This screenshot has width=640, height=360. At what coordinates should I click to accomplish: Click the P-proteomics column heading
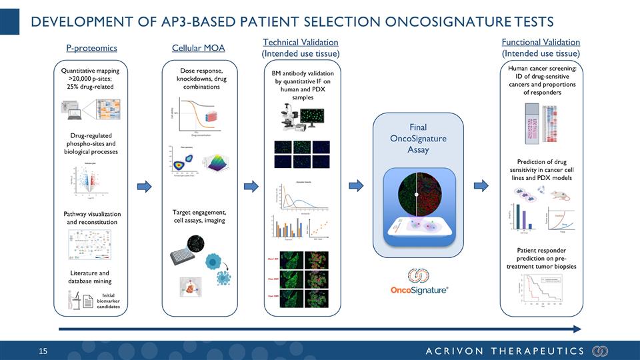point(91,48)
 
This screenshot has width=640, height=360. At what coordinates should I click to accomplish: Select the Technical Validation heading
point(301,43)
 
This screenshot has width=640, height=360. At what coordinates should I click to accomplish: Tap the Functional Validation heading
point(540,43)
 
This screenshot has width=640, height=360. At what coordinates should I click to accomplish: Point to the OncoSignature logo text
point(419,290)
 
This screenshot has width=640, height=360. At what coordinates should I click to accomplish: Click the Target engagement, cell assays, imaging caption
point(198,216)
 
